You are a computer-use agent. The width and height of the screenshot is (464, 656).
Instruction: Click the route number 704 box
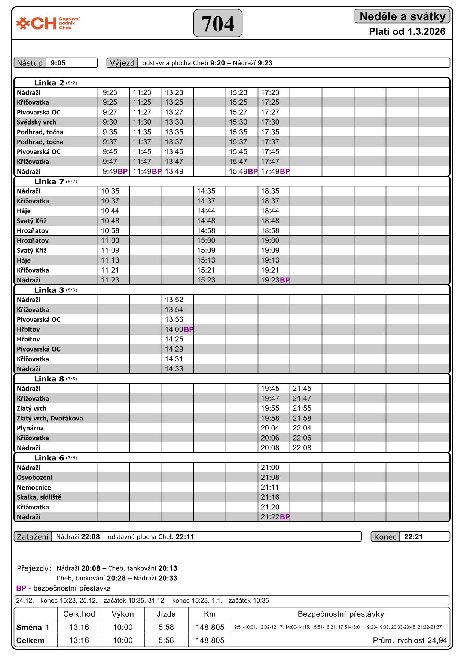pyautogui.click(x=218, y=23)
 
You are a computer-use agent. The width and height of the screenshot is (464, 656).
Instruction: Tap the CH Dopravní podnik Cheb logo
pyautogui.click(x=48, y=23)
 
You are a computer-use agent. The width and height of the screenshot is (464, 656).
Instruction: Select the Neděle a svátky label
pyautogui.click(x=402, y=16)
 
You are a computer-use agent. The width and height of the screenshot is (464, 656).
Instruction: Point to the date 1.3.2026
pyautogui.click(x=426, y=32)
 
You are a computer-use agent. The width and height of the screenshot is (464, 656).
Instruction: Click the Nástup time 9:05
pyautogui.click(x=58, y=63)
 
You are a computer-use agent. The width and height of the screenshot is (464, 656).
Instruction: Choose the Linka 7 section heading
pyautogui.click(x=49, y=182)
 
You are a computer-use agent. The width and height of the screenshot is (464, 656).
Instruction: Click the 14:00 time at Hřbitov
pyautogui.click(x=174, y=329)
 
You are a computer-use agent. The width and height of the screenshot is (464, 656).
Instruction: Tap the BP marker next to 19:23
pyautogui.click(x=285, y=280)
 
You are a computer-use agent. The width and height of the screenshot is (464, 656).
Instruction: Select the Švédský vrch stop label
pyautogui.click(x=36, y=122)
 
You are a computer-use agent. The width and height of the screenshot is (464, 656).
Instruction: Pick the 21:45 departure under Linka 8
pyautogui.click(x=302, y=389)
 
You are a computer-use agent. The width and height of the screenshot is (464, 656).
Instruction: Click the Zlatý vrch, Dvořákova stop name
pyautogui.click(x=50, y=418)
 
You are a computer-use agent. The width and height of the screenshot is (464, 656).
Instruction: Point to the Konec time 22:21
pyautogui.click(x=413, y=537)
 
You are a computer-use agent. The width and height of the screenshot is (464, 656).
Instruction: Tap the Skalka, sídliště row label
pyautogui.click(x=39, y=497)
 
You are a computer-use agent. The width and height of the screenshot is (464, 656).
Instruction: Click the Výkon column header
pyautogui.click(x=123, y=614)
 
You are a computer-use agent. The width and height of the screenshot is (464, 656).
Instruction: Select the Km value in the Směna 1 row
pyautogui.click(x=210, y=627)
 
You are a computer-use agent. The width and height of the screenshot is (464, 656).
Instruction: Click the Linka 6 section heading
pyautogui.click(x=49, y=458)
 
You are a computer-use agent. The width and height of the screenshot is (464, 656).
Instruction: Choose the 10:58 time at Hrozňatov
pyautogui.click(x=110, y=231)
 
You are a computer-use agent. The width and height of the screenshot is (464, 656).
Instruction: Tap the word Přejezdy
pyautogui.click(x=34, y=568)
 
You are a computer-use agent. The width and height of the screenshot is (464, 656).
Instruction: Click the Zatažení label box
pyautogui.click(x=33, y=537)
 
